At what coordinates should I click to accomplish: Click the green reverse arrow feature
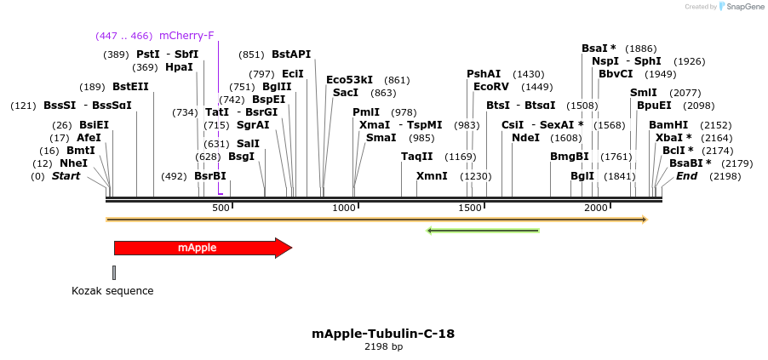[483, 230]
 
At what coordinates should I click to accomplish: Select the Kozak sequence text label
[112, 291]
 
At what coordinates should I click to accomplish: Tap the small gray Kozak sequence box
[114, 272]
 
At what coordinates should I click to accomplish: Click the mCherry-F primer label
[186, 36]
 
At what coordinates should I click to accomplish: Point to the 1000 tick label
[343, 209]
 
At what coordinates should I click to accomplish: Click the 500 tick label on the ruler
[221, 209]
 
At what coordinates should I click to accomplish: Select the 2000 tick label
[596, 209]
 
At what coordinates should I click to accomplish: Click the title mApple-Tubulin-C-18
[383, 334]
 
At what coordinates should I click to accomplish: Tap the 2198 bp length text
[383, 347]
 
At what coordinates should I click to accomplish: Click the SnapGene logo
[740, 7]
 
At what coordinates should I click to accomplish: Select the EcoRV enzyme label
[490, 87]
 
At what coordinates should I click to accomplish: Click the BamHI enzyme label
[668, 125]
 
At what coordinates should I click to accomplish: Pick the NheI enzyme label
[73, 163]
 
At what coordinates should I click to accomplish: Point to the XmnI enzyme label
[432, 176]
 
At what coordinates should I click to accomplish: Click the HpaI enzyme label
[179, 67]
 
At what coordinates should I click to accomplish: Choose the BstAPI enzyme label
[291, 54]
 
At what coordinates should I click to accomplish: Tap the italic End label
[686, 176]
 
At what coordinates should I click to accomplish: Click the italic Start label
[66, 176]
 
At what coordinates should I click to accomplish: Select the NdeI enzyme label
[525, 138]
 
